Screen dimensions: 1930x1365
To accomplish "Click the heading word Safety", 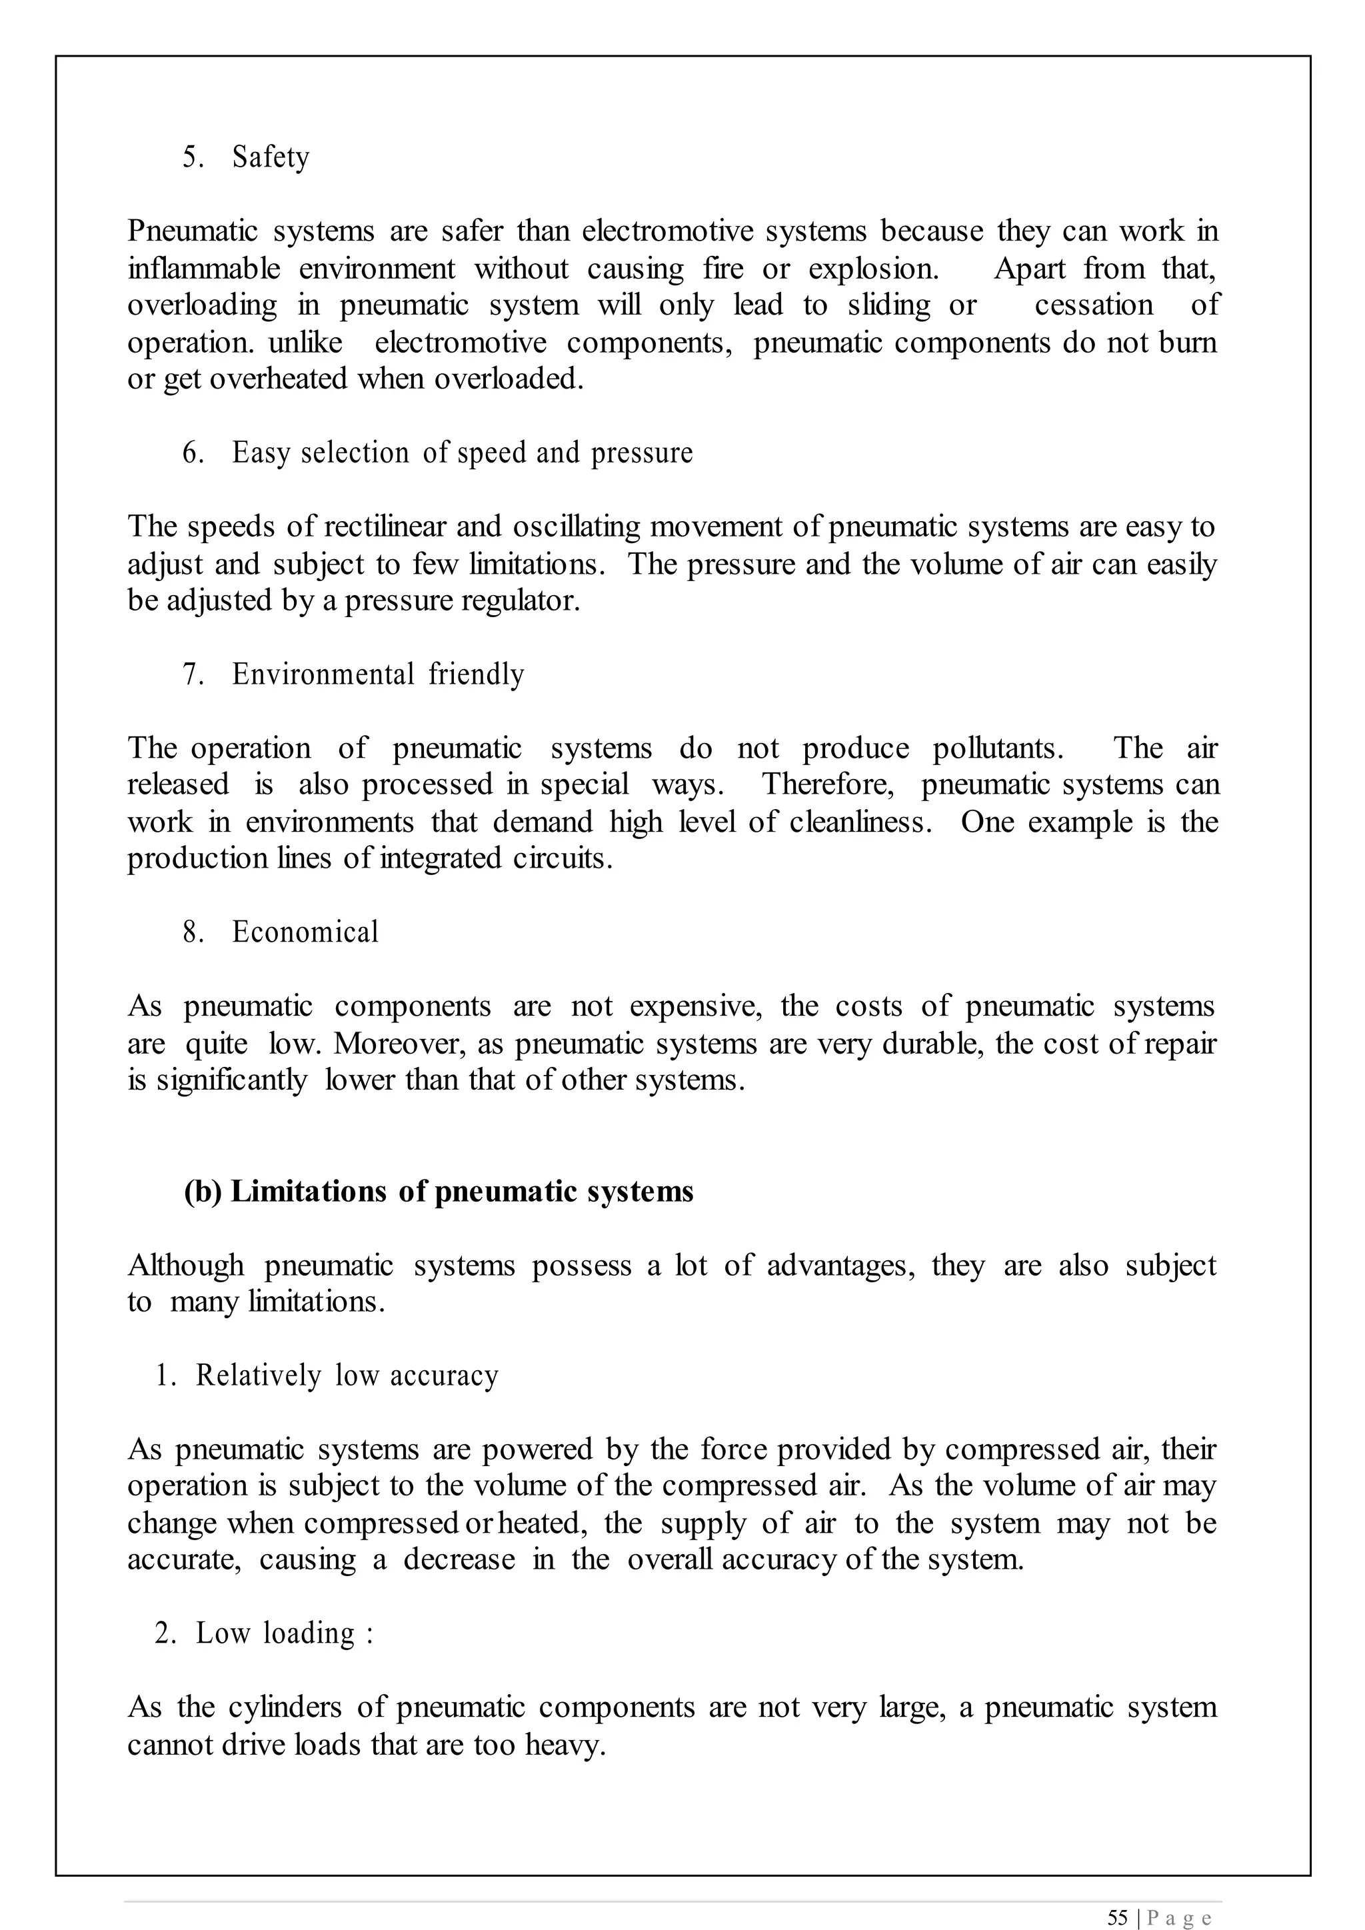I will click(271, 157).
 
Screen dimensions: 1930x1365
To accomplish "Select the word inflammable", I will click(203, 269).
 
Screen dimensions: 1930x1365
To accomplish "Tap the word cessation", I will click(1094, 305).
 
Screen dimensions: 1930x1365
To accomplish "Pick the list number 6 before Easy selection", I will click(193, 453).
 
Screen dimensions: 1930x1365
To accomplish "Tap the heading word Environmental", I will click(323, 674).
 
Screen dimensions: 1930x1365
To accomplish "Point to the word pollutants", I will click(998, 748).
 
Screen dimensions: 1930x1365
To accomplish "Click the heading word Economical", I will click(305, 932).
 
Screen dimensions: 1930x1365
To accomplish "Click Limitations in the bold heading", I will click(309, 1192).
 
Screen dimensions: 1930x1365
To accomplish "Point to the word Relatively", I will click(258, 1376).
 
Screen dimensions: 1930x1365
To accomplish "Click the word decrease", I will click(459, 1559).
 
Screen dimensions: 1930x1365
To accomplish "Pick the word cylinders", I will click(285, 1707).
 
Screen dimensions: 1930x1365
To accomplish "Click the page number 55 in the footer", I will click(1117, 1911).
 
